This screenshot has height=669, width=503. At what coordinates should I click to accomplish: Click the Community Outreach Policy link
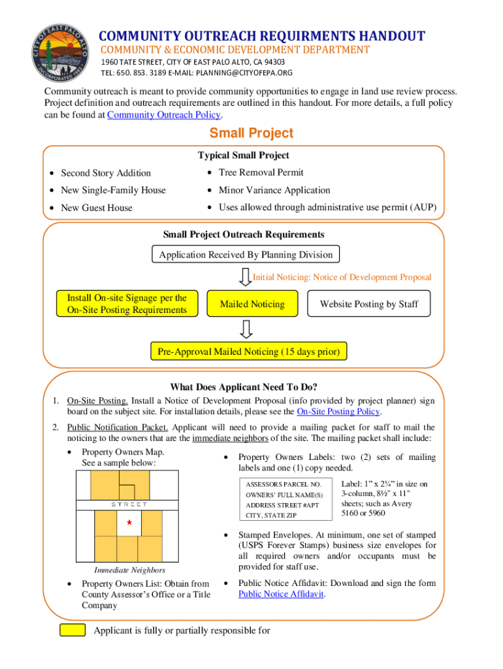(x=164, y=115)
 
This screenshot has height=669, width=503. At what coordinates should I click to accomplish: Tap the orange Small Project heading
(x=251, y=134)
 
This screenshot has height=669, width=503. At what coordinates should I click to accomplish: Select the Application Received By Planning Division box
(x=246, y=255)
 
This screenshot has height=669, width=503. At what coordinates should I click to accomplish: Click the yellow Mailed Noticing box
(x=252, y=304)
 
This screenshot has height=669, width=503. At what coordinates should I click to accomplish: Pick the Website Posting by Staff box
(x=368, y=304)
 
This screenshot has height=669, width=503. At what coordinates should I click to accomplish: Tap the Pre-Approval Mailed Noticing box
(x=249, y=352)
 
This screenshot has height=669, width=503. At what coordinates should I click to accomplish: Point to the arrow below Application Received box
(x=245, y=277)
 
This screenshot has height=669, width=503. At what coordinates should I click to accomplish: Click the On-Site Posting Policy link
(x=338, y=412)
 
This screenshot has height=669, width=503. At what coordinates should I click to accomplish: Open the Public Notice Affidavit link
(x=281, y=594)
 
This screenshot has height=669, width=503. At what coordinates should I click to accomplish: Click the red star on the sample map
(x=129, y=523)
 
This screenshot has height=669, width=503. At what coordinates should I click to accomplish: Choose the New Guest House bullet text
(x=96, y=208)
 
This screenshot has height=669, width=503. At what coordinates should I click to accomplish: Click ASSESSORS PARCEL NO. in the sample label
(x=284, y=485)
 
